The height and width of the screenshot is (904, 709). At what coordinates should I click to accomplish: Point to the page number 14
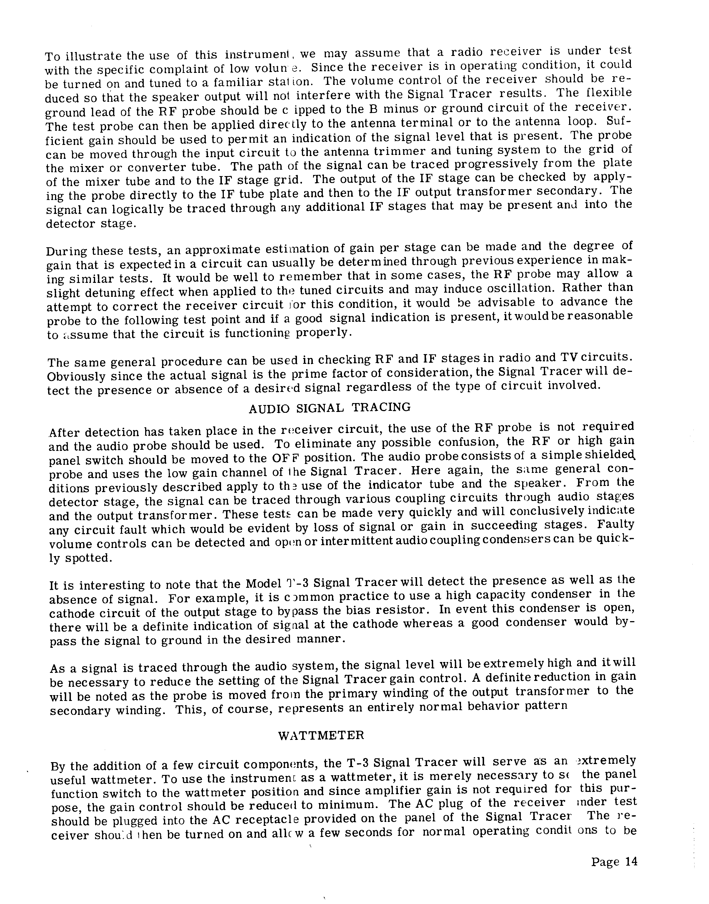click(x=614, y=862)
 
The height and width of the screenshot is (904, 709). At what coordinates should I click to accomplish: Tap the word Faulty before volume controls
click(x=615, y=525)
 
